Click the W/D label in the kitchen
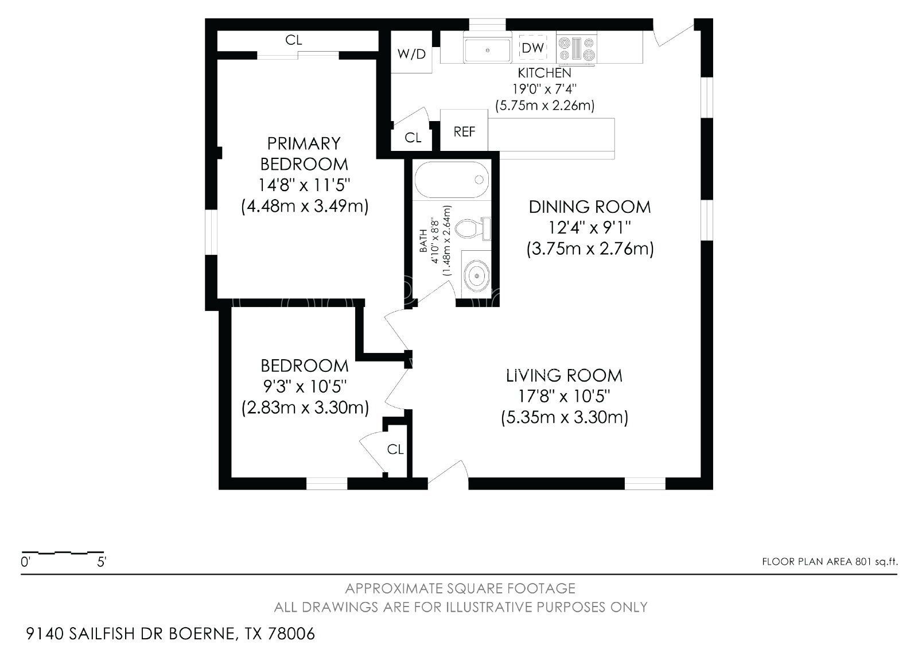pyautogui.click(x=411, y=54)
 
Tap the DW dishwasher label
pyautogui.click(x=533, y=48)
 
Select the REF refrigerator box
pyautogui.click(x=464, y=130)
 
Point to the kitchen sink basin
pyautogui.click(x=487, y=50)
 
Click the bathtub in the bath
pyautogui.click(x=451, y=180)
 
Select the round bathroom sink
pyautogui.click(x=477, y=276)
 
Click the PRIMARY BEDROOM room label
pyautogui.click(x=304, y=154)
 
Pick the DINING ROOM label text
pyautogui.click(x=590, y=207)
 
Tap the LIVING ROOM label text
pyautogui.click(x=565, y=375)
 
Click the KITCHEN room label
pyautogui.click(x=544, y=73)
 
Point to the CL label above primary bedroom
pyautogui.click(x=293, y=40)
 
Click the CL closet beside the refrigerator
pyautogui.click(x=413, y=138)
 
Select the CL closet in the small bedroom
pyautogui.click(x=395, y=449)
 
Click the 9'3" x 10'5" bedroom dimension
pyautogui.click(x=305, y=386)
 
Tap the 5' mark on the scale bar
pyautogui.click(x=101, y=562)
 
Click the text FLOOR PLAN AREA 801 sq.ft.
pyautogui.click(x=830, y=562)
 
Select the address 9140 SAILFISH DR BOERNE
pyautogui.click(x=132, y=634)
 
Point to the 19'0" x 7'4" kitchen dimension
pyautogui.click(x=544, y=89)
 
